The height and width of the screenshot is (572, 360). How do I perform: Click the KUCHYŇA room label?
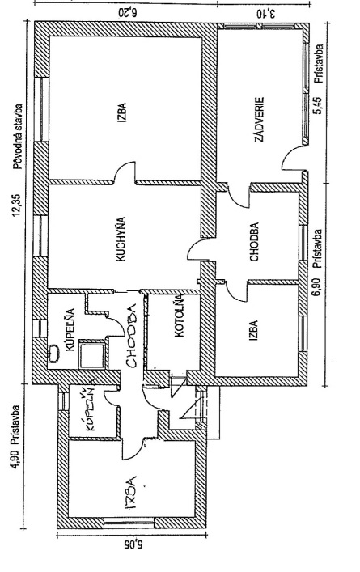tap(121, 239)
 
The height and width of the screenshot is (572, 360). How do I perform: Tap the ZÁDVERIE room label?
tap(259, 119)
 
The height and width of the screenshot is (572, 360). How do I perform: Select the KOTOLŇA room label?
tap(179, 316)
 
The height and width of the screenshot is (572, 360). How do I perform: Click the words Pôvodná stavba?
tap(17, 138)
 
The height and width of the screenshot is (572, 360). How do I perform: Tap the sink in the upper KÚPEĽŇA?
tap(54, 354)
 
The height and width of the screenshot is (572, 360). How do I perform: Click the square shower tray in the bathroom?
tap(92, 354)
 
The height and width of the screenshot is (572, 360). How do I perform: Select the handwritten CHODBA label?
tap(131, 334)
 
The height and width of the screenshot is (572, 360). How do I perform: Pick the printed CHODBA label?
tap(254, 241)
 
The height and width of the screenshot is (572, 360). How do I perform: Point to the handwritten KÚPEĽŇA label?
tap(88, 409)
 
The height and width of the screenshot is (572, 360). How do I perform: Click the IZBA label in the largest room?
tap(122, 112)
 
